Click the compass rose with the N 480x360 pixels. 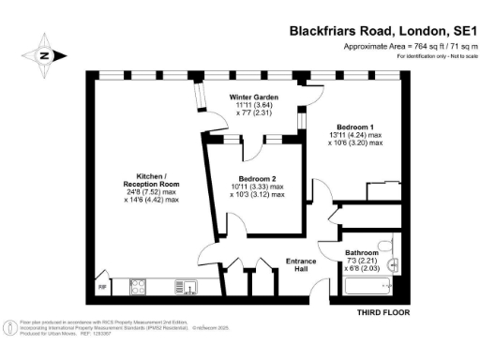pos(43,54)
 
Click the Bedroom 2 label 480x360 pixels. pos(257,178)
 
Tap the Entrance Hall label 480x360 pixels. pos(303,266)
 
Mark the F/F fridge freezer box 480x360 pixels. pos(101,286)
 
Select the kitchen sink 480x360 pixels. pos(189,288)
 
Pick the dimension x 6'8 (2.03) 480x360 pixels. pos(361,270)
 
